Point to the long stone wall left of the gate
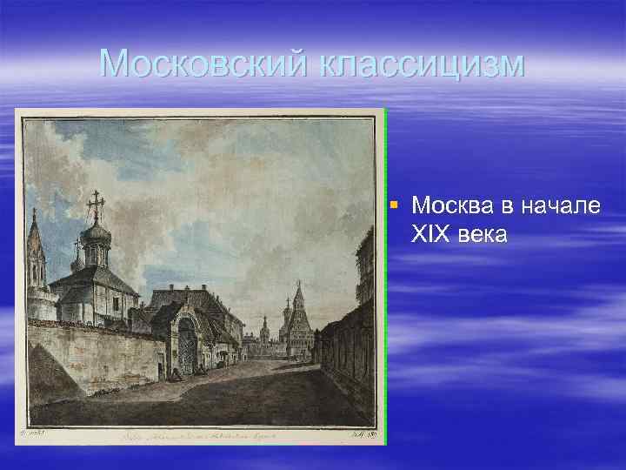tap(96, 357)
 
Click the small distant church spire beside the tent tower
tap(286, 317)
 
